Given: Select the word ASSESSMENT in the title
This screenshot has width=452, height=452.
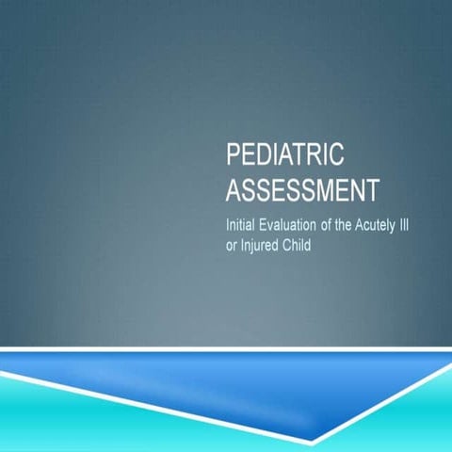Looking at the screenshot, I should pyautogui.click(x=296, y=189).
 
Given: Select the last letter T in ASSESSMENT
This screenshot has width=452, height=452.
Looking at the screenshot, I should pyautogui.click(x=359, y=189).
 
